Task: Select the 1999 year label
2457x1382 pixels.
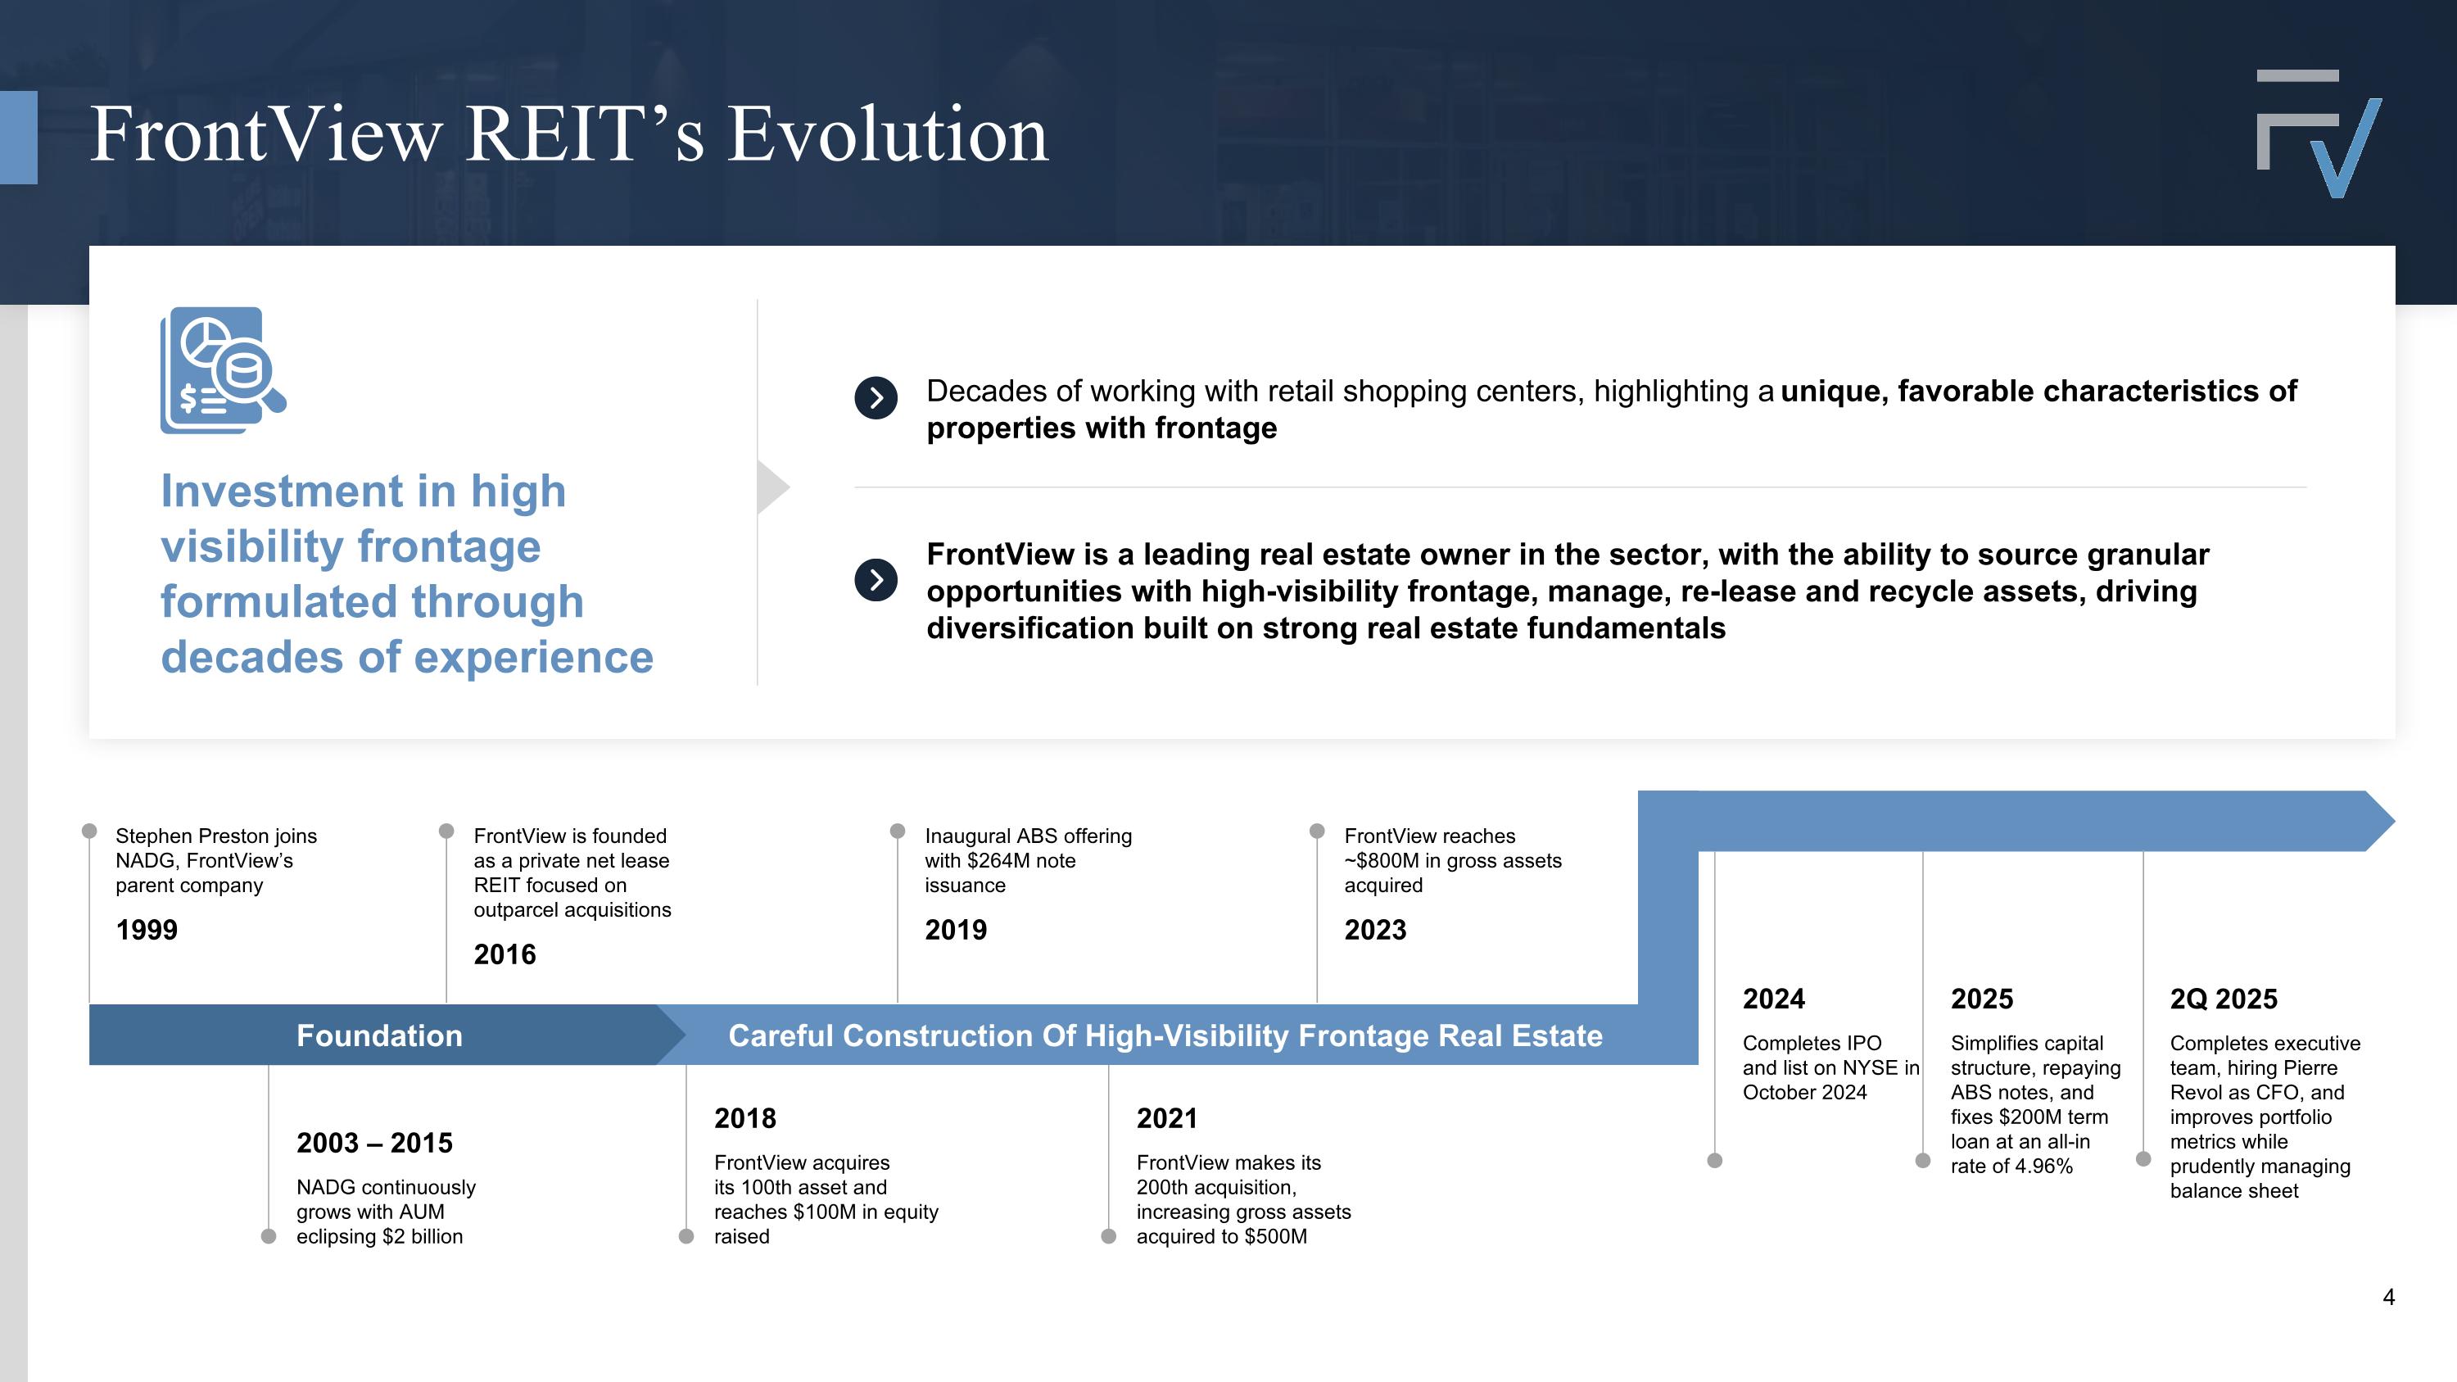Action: pyautogui.click(x=146, y=930)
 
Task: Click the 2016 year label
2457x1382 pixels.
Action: pyautogui.click(x=505, y=954)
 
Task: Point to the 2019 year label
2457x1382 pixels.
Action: pyautogui.click(x=956, y=930)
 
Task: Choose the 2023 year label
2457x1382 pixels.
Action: pyautogui.click(x=1374, y=930)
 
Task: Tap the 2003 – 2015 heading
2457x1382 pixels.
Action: pyautogui.click(x=374, y=1143)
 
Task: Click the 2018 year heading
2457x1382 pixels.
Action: pyautogui.click(x=745, y=1118)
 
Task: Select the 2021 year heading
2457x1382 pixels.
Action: pyautogui.click(x=1166, y=1118)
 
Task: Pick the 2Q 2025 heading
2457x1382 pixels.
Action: pyautogui.click(x=2224, y=999)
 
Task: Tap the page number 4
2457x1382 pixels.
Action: pyautogui.click(x=2388, y=1297)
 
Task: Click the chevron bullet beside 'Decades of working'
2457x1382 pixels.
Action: pyautogui.click(x=876, y=397)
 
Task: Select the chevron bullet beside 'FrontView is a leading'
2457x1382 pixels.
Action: pyautogui.click(x=876, y=580)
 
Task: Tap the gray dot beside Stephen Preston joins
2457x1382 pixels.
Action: pyautogui.click(x=89, y=831)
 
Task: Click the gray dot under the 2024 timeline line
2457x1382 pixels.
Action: pyautogui.click(x=1714, y=1161)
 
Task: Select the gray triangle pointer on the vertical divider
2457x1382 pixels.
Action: pyautogui.click(x=771, y=487)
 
